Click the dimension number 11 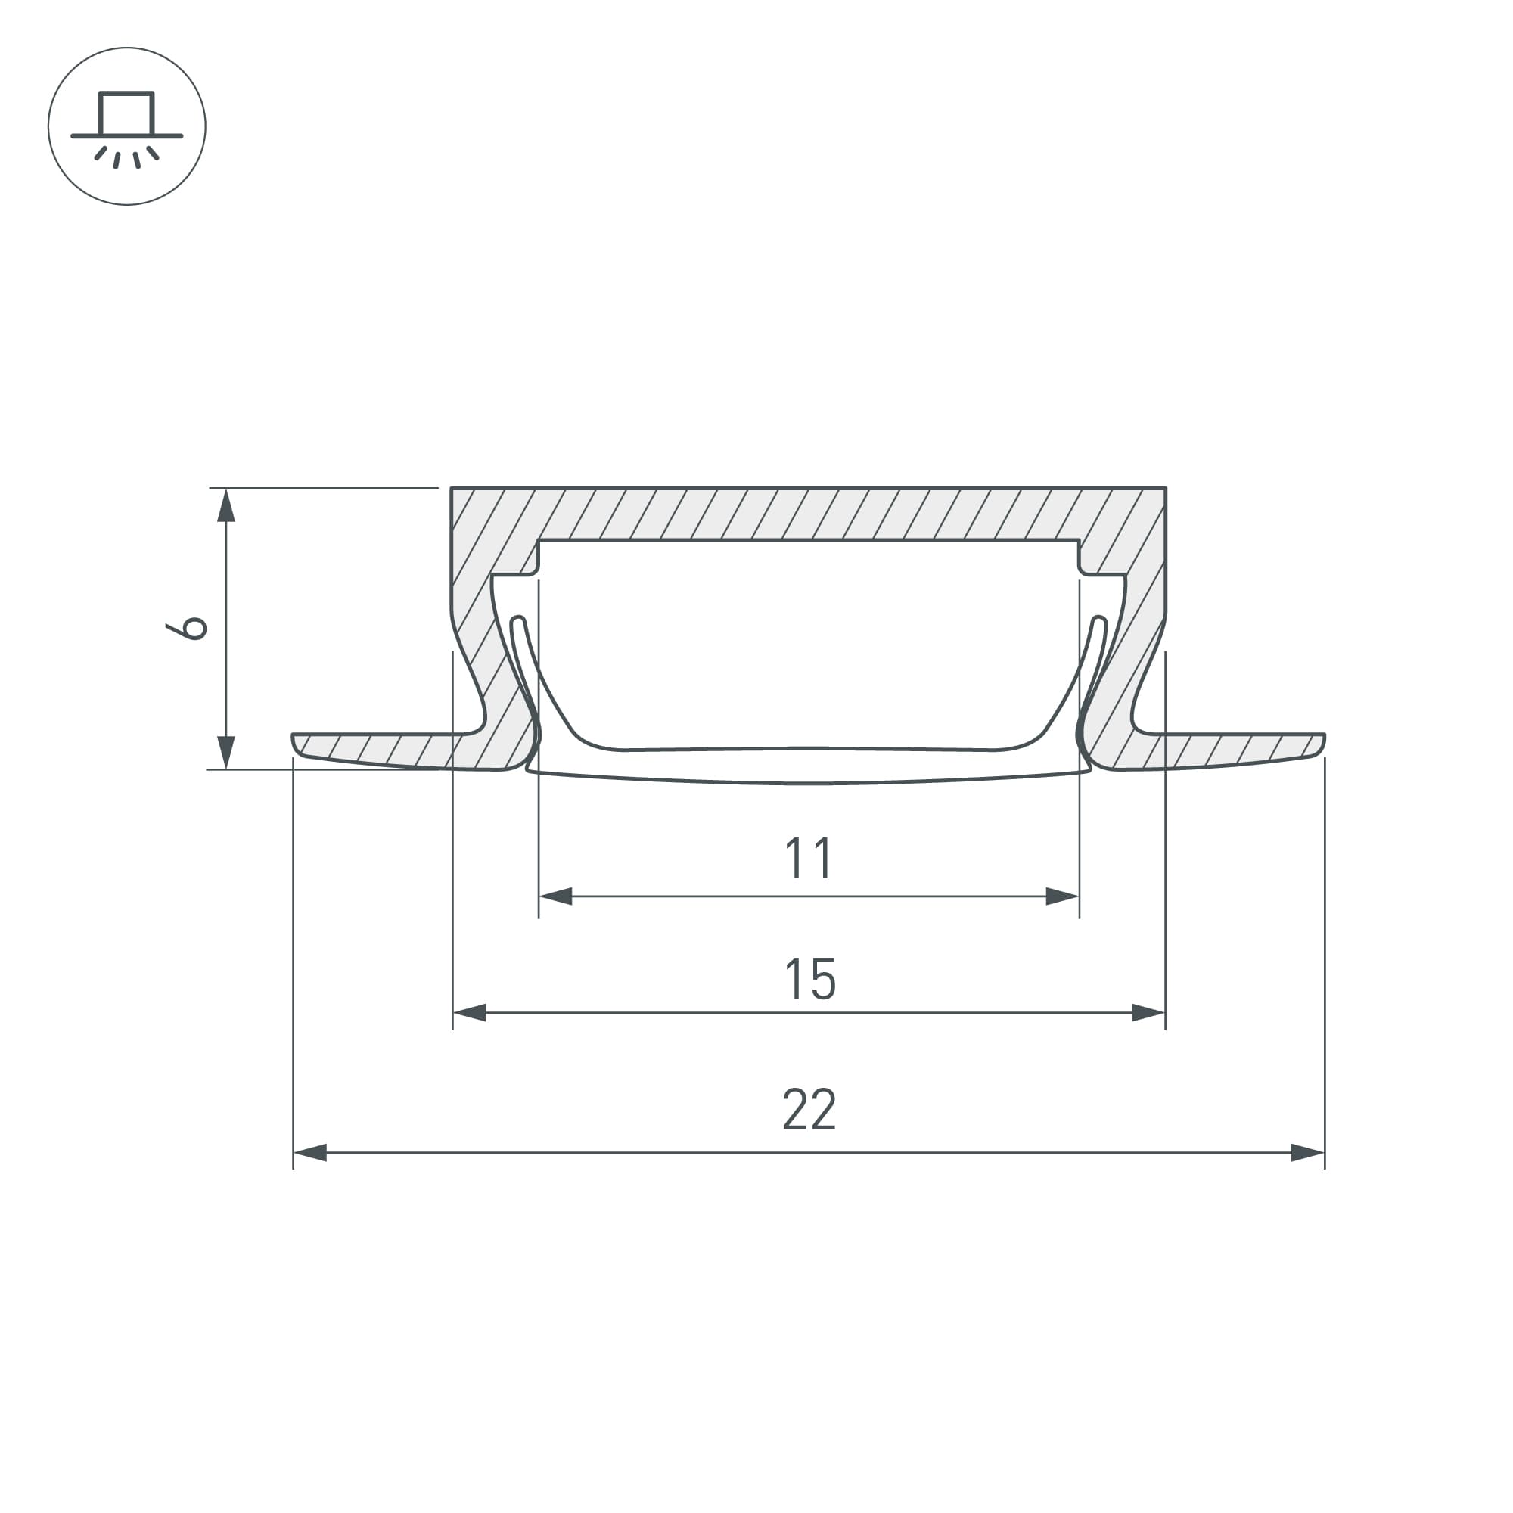pyautogui.click(x=809, y=859)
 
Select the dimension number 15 pyautogui.click(x=809, y=979)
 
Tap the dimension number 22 pyautogui.click(x=809, y=1109)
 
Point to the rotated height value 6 pyautogui.click(x=186, y=628)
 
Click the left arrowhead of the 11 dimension pyautogui.click(x=555, y=896)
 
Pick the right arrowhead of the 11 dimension pyautogui.click(x=1063, y=896)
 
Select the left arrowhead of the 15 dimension pyautogui.click(x=470, y=1014)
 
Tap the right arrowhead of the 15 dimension pyautogui.click(x=1149, y=1014)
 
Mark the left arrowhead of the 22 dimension pyautogui.click(x=310, y=1153)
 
